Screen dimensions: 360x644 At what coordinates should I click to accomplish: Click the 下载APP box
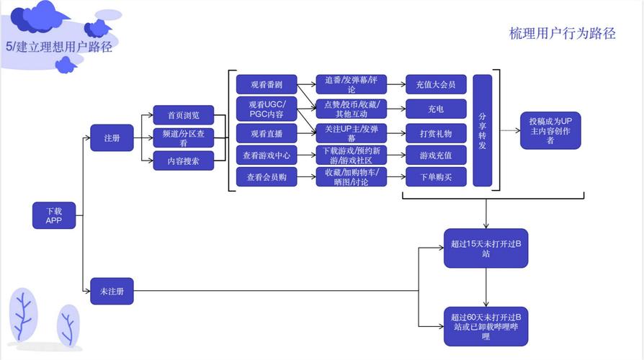pos(54,216)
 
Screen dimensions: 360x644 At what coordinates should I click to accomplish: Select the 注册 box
pos(112,138)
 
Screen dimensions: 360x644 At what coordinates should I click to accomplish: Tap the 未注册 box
pos(112,291)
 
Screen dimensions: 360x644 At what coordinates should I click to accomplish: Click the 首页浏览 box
pos(184,115)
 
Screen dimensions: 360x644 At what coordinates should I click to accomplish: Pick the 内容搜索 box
pos(184,161)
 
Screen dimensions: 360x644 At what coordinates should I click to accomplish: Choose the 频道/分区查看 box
pos(184,138)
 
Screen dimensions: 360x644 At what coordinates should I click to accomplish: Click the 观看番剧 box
pos(266,84)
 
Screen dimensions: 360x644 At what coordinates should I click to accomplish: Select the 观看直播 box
pos(266,133)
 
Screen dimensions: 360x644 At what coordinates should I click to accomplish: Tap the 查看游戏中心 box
pos(266,155)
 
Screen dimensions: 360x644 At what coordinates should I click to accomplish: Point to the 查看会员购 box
pos(266,177)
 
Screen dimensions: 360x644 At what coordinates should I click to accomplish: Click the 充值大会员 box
pos(436,84)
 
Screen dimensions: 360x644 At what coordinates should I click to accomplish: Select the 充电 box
pos(436,109)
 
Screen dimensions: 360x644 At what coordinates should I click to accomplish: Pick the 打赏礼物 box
pos(436,133)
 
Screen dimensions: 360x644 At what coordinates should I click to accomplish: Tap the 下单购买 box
pos(436,177)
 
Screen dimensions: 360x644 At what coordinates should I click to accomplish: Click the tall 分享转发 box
pos(482,130)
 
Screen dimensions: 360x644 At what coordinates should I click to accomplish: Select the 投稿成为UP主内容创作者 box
pos(551,130)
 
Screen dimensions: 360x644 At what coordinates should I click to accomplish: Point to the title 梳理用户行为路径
pos(562,33)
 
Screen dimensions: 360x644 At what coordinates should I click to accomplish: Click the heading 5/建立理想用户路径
pos(58,48)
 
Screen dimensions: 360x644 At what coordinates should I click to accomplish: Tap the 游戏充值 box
pos(436,155)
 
